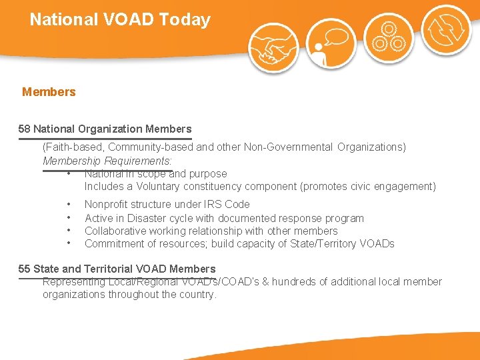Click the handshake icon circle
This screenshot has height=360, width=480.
point(273,47)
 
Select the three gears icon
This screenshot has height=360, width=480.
point(388,37)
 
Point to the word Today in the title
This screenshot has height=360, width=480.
point(185,19)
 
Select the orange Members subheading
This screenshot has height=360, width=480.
point(49,92)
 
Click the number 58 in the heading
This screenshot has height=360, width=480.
point(24,129)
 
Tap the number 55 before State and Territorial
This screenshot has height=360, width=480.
point(24,269)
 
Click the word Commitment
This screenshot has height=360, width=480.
point(114,244)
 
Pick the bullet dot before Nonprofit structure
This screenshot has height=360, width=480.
point(69,205)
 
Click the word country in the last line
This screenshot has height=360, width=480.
point(198,295)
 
